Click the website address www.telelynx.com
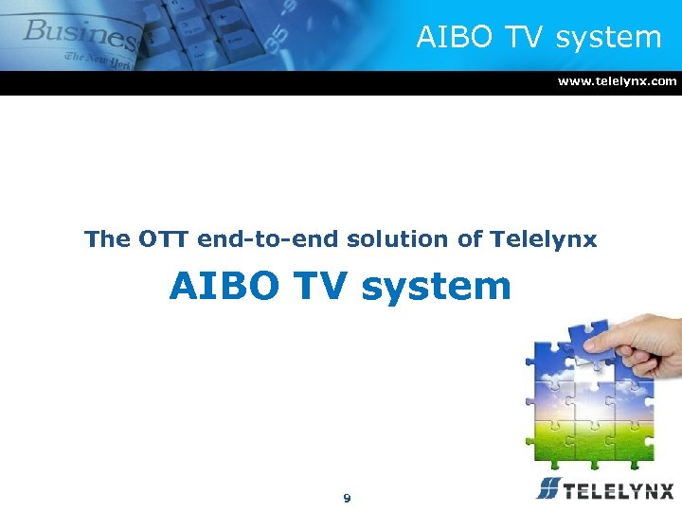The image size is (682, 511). tap(617, 81)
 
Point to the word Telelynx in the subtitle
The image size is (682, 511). tap(544, 239)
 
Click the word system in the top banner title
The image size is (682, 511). tap(608, 38)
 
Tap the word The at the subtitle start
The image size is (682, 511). tap(106, 239)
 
